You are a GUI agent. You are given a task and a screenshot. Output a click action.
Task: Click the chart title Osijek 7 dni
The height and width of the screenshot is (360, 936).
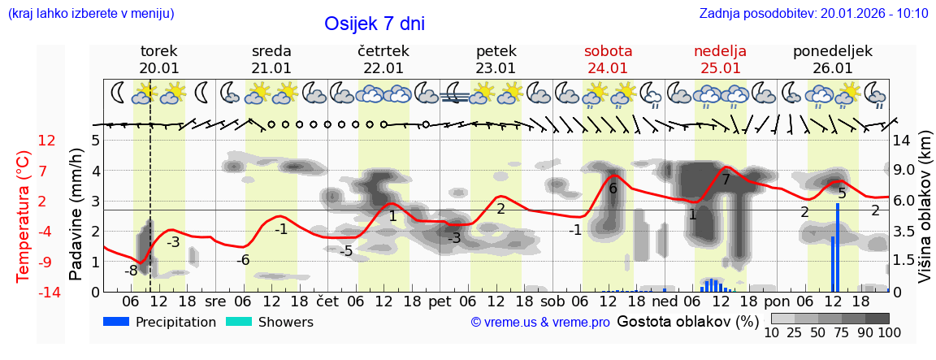point(374,24)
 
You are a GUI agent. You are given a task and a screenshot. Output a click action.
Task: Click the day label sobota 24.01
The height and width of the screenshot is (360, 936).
point(608,59)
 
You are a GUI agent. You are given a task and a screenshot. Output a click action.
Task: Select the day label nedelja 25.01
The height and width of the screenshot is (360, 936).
point(720,59)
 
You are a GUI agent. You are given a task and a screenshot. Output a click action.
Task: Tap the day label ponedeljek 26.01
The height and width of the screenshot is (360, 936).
point(832,59)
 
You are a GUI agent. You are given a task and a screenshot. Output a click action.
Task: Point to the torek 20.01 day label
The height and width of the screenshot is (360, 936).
point(159,59)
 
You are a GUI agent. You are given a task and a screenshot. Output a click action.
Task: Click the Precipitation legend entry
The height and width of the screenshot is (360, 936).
point(160,322)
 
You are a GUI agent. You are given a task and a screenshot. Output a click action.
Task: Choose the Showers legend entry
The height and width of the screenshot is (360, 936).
point(269,322)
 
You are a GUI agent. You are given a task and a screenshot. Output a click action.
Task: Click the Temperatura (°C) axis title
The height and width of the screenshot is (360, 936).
point(24,215)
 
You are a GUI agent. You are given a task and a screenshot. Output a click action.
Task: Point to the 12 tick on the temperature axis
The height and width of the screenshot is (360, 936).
point(47,141)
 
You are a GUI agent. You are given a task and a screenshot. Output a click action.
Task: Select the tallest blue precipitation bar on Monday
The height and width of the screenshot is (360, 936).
point(838,247)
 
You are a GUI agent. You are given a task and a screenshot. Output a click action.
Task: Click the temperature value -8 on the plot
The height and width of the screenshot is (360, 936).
point(130,271)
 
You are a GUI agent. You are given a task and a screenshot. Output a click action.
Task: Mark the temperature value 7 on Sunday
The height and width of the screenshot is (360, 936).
point(726,180)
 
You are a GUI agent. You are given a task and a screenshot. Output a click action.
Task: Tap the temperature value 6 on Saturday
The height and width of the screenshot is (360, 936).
point(613,189)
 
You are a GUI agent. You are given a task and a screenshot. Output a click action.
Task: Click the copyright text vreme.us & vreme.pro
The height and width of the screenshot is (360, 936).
point(540,322)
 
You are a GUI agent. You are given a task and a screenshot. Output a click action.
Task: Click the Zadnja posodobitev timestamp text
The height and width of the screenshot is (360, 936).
point(813,13)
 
